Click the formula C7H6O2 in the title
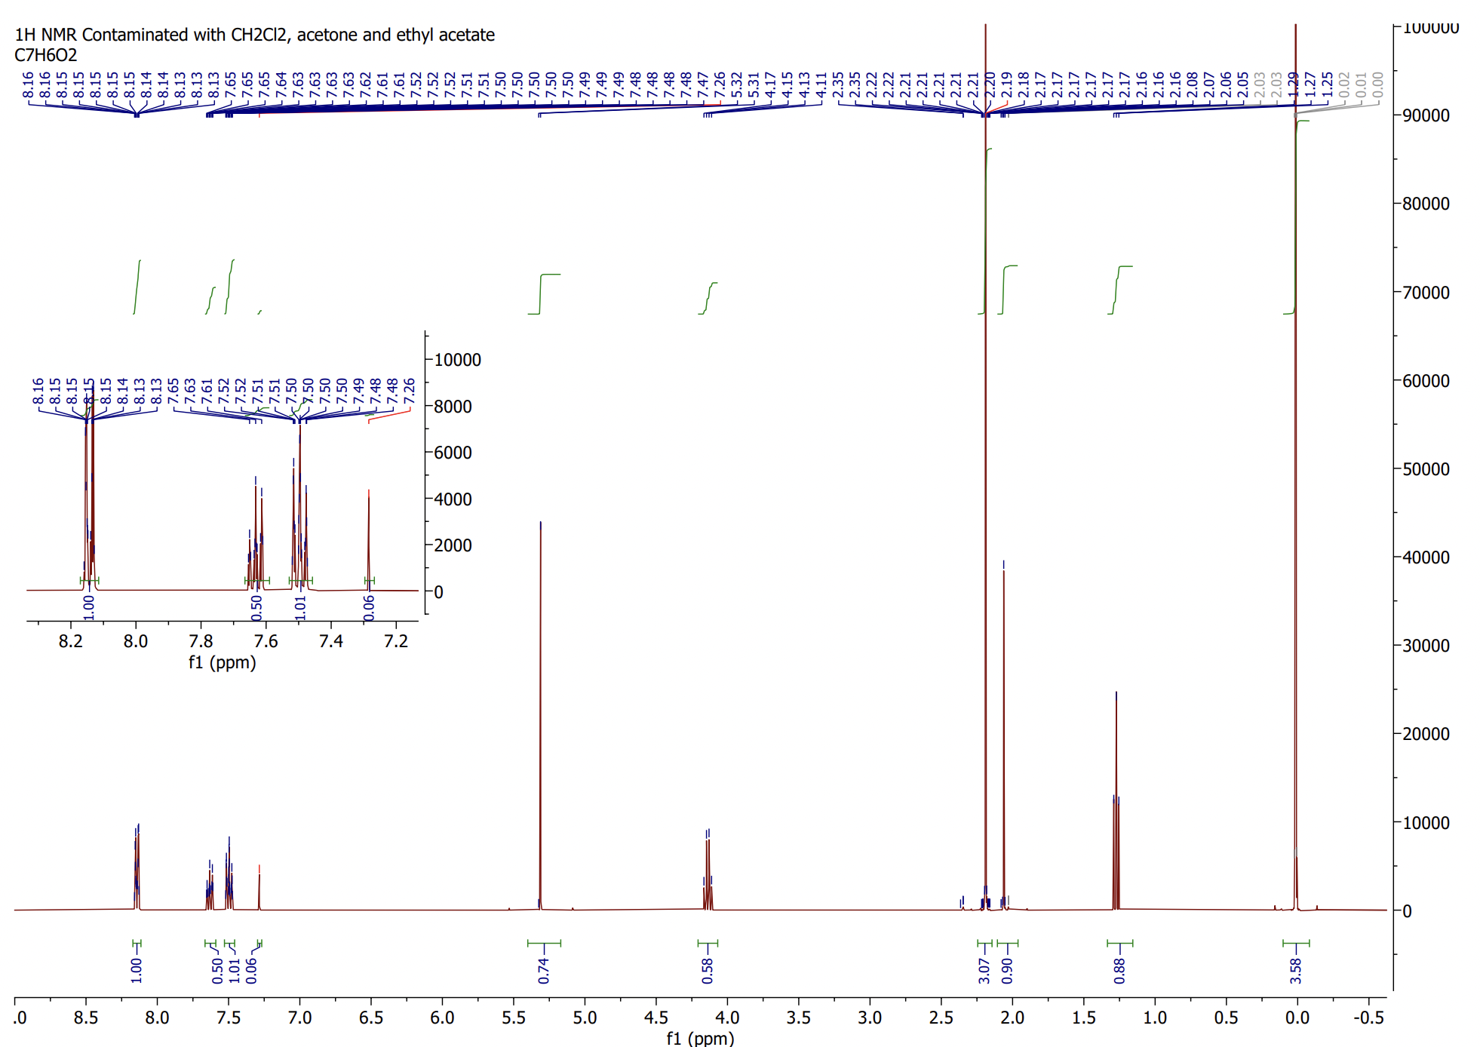pyautogui.click(x=45, y=55)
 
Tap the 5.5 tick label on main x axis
pyautogui.click(x=513, y=1018)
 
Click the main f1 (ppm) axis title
pyautogui.click(x=699, y=1038)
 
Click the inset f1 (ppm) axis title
pyautogui.click(x=222, y=662)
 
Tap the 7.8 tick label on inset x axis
pyautogui.click(x=201, y=641)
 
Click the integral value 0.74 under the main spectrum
pyautogui.click(x=543, y=970)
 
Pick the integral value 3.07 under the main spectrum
pyautogui.click(x=984, y=970)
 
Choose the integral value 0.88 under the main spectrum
pyautogui.click(x=1119, y=970)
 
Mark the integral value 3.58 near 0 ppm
pyautogui.click(x=1295, y=970)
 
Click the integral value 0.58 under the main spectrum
pyautogui.click(x=707, y=970)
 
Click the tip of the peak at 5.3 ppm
pyautogui.click(x=540, y=523)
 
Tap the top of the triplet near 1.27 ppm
pyautogui.click(x=1116, y=693)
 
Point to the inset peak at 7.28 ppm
pyautogui.click(x=368, y=492)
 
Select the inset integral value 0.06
pyautogui.click(x=369, y=607)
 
